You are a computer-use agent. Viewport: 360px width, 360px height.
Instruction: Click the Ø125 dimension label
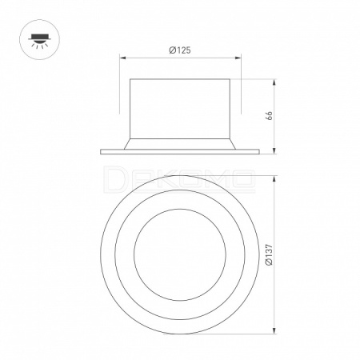point(180,50)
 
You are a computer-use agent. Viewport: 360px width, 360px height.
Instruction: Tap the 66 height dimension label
point(270,115)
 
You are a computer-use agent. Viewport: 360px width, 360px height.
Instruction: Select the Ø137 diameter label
point(270,254)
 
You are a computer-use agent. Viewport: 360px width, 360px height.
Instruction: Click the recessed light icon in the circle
point(39,41)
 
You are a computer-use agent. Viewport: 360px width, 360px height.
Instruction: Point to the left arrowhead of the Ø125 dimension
point(122,58)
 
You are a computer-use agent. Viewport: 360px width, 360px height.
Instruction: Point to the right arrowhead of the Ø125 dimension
point(238,58)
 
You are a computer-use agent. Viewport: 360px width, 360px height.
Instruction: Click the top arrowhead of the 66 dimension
point(274,82)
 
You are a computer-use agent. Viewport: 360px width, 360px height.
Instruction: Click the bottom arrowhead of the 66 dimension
point(274,151)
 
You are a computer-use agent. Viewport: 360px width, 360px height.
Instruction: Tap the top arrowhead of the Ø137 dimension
point(274,179)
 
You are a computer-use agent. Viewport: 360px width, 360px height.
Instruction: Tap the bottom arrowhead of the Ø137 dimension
point(274,330)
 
